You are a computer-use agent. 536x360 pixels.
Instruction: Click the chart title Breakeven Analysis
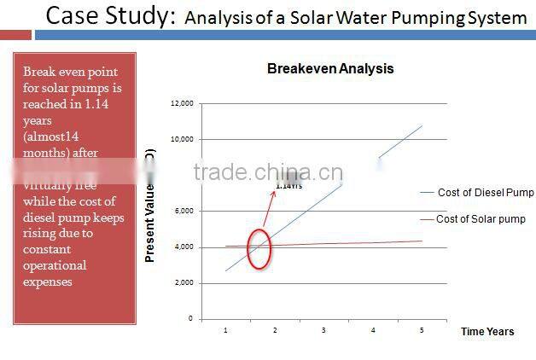coord(330,68)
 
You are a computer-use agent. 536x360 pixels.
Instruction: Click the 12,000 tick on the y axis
coord(183,103)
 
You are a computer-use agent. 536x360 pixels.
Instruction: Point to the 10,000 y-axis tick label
coord(183,139)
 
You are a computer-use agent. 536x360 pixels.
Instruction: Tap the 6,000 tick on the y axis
coord(184,211)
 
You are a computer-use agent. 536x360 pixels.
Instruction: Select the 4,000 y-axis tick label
coord(184,247)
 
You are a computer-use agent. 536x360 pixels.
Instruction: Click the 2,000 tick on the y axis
coord(184,282)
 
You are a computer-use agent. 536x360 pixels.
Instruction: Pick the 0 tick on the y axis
coord(191,318)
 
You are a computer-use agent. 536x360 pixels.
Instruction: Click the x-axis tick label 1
coord(225,329)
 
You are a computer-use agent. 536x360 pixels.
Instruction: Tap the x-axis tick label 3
coord(324,329)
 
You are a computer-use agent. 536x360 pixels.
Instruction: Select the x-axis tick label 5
coord(422,329)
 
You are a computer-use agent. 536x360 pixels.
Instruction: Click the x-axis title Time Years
coord(487,331)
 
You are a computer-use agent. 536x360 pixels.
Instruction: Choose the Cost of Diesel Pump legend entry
coord(485,193)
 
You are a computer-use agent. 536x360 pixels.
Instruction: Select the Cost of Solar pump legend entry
coord(481,219)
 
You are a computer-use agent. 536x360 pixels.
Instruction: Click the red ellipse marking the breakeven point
coord(259,249)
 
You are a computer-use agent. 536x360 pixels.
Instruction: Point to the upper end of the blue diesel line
coord(422,125)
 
